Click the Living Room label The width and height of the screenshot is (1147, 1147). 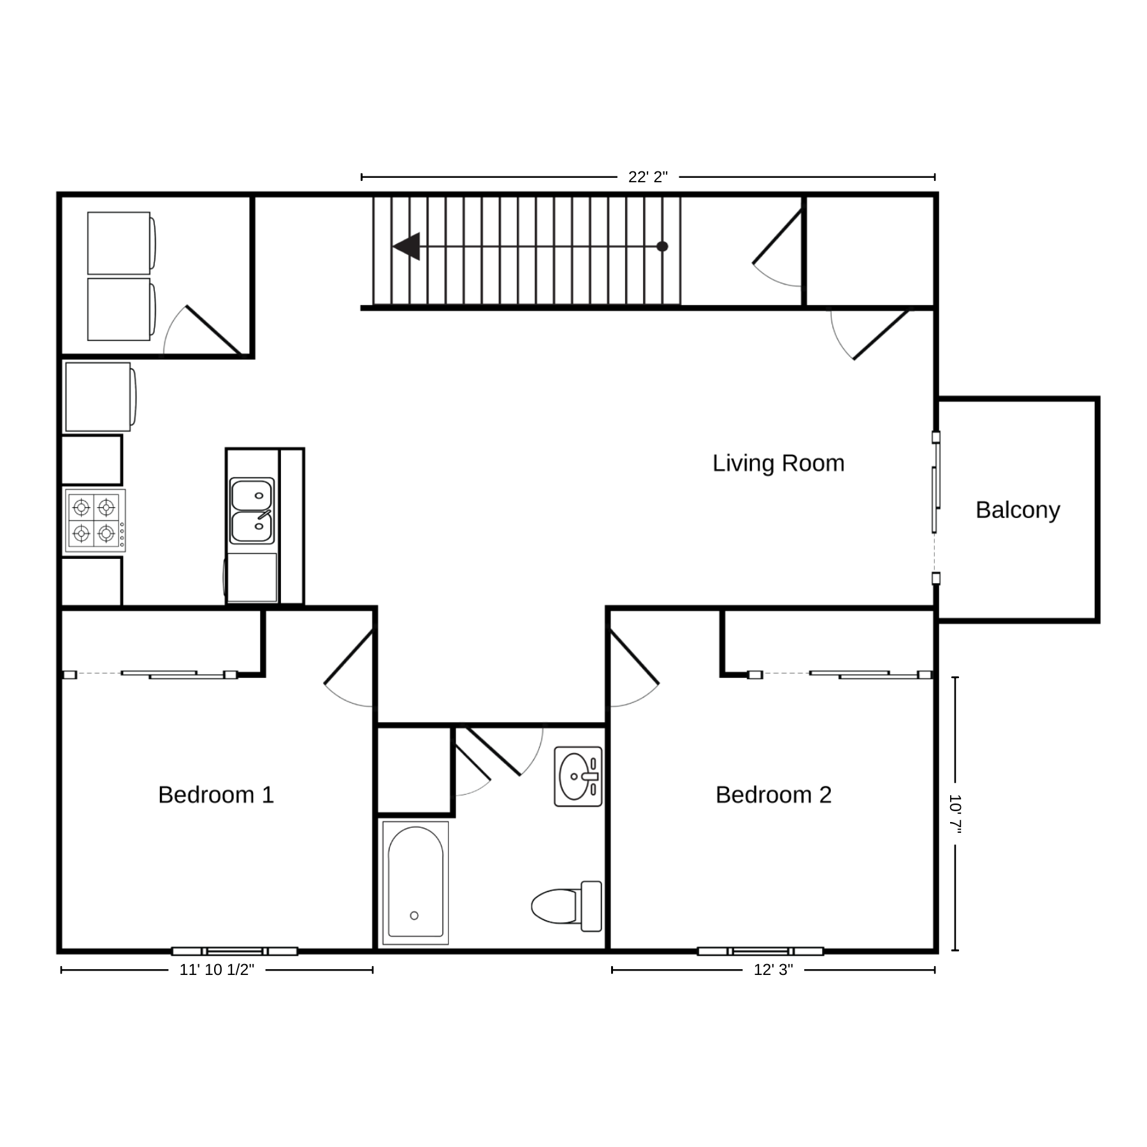pyautogui.click(x=778, y=464)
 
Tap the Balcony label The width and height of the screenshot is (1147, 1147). pyautogui.click(x=1018, y=510)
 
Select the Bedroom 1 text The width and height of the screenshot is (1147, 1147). pyautogui.click(x=216, y=795)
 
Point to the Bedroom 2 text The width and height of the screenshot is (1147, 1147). pyautogui.click(x=774, y=795)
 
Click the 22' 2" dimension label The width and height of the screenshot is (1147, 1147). pyautogui.click(x=648, y=177)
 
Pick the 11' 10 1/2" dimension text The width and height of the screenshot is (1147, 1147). pyautogui.click(x=217, y=970)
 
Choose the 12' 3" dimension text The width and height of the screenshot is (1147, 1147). pyautogui.click(x=773, y=970)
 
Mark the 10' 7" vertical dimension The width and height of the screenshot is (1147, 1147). pyautogui.click(x=955, y=814)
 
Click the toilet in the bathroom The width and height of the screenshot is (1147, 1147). pyautogui.click(x=566, y=906)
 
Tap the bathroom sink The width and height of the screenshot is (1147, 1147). pyautogui.click(x=578, y=777)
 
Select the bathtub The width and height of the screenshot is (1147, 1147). pyautogui.click(x=415, y=883)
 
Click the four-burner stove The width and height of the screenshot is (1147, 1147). pyautogui.click(x=94, y=520)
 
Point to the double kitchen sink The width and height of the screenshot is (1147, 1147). pyautogui.click(x=252, y=511)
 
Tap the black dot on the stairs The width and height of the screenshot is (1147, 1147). pyautogui.click(x=662, y=246)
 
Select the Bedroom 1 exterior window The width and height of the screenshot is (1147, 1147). pyautogui.click(x=234, y=951)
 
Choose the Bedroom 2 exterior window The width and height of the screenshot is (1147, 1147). pyautogui.click(x=760, y=951)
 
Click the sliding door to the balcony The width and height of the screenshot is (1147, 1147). pyautogui.click(x=935, y=509)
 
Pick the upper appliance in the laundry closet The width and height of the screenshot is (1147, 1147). pyautogui.click(x=121, y=243)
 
